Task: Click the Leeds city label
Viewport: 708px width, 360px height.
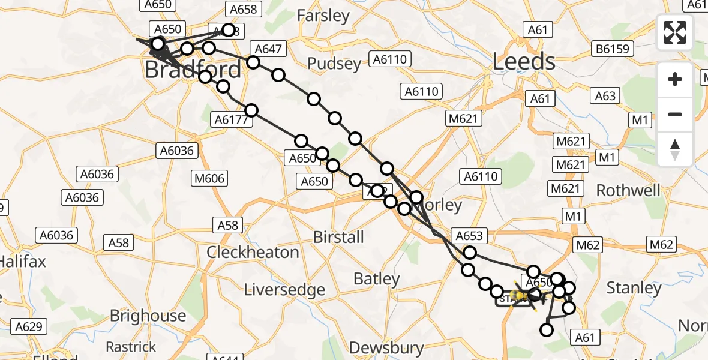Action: click(524, 62)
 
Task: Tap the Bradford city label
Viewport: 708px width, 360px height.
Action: click(193, 70)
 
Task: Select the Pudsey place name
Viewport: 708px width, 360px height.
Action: click(334, 64)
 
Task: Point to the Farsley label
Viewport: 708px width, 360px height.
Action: click(323, 16)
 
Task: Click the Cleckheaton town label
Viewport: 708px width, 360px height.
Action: click(253, 252)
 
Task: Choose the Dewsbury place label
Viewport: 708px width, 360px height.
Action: click(386, 347)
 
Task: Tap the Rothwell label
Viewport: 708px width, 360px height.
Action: click(628, 191)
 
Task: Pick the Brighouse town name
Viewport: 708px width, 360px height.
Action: click(148, 316)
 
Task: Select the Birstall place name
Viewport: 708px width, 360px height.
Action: click(338, 237)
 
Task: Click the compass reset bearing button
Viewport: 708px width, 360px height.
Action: click(675, 149)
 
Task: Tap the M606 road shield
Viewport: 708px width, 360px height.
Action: click(209, 178)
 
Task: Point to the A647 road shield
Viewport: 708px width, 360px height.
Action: click(269, 50)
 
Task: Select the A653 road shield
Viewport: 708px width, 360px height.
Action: click(469, 236)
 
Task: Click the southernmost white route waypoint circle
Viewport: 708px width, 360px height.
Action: click(547, 329)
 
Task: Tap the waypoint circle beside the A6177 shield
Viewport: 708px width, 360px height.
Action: click(251, 110)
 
